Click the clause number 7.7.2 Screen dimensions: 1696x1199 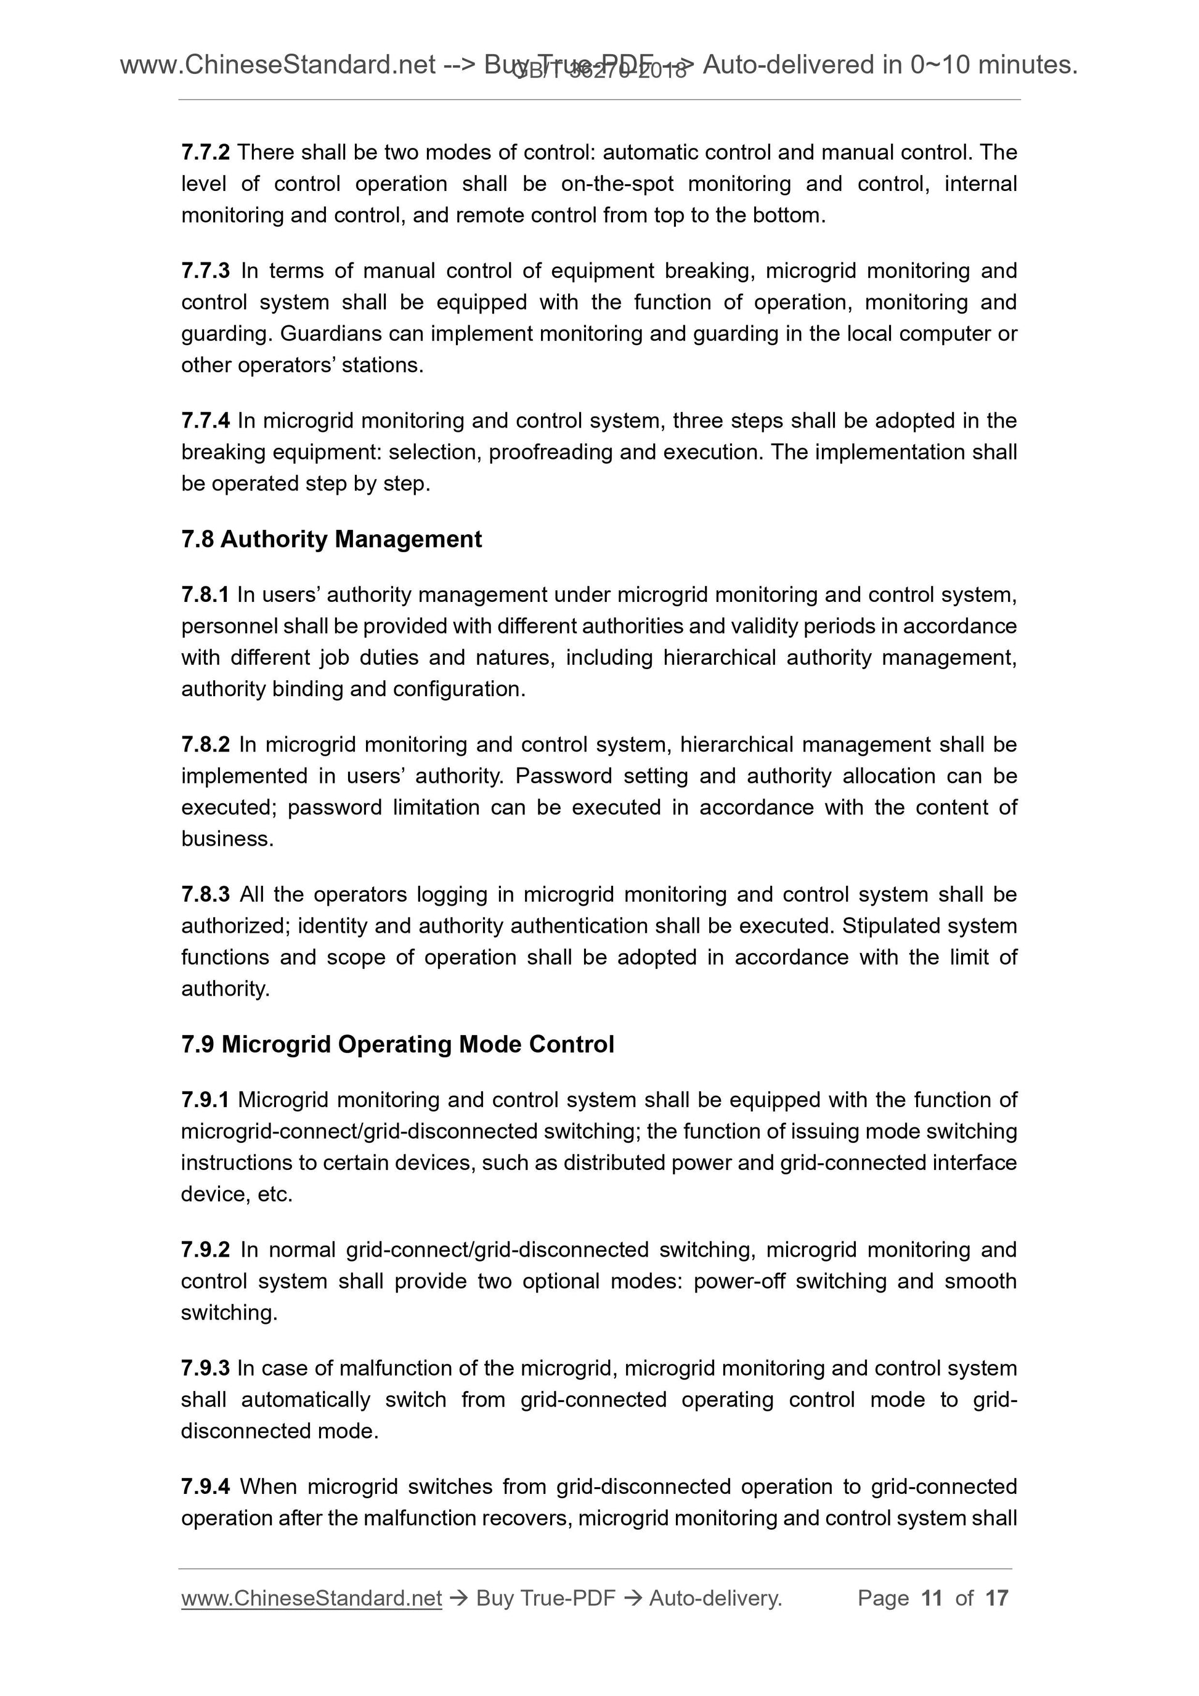(205, 152)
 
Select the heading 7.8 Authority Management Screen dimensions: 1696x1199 (331, 539)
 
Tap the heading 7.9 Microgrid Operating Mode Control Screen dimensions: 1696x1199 (397, 1044)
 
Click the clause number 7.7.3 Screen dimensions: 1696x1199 (205, 271)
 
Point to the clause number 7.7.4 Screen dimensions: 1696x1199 (205, 421)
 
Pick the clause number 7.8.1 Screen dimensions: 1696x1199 (205, 594)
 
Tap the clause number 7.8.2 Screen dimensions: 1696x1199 (205, 745)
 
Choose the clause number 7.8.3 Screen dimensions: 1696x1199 (205, 895)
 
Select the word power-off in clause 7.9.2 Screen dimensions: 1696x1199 (739, 1281)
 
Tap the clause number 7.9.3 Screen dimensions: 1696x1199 (205, 1368)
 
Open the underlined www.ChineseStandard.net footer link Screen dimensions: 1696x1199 (311, 1598)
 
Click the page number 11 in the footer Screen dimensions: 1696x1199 (932, 1598)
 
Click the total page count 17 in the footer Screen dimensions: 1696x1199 (996, 1598)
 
